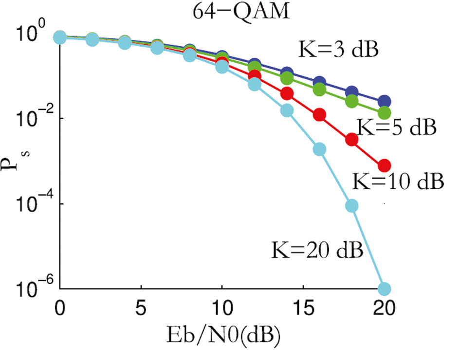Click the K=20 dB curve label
point(317,252)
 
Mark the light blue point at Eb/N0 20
point(385,288)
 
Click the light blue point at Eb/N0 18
point(352,206)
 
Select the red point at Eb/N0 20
point(385,165)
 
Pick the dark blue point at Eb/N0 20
point(385,102)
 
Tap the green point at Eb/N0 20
point(385,113)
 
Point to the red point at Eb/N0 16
point(319,115)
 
